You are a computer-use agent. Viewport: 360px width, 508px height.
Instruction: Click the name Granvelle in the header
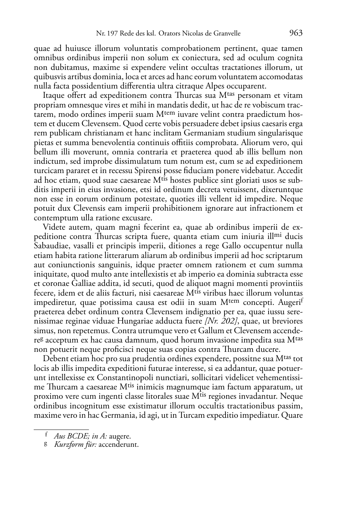click(x=227, y=34)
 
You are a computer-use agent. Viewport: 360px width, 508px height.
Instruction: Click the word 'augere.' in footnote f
click(x=120, y=436)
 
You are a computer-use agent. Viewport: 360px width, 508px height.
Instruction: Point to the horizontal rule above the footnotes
click(x=61, y=429)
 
